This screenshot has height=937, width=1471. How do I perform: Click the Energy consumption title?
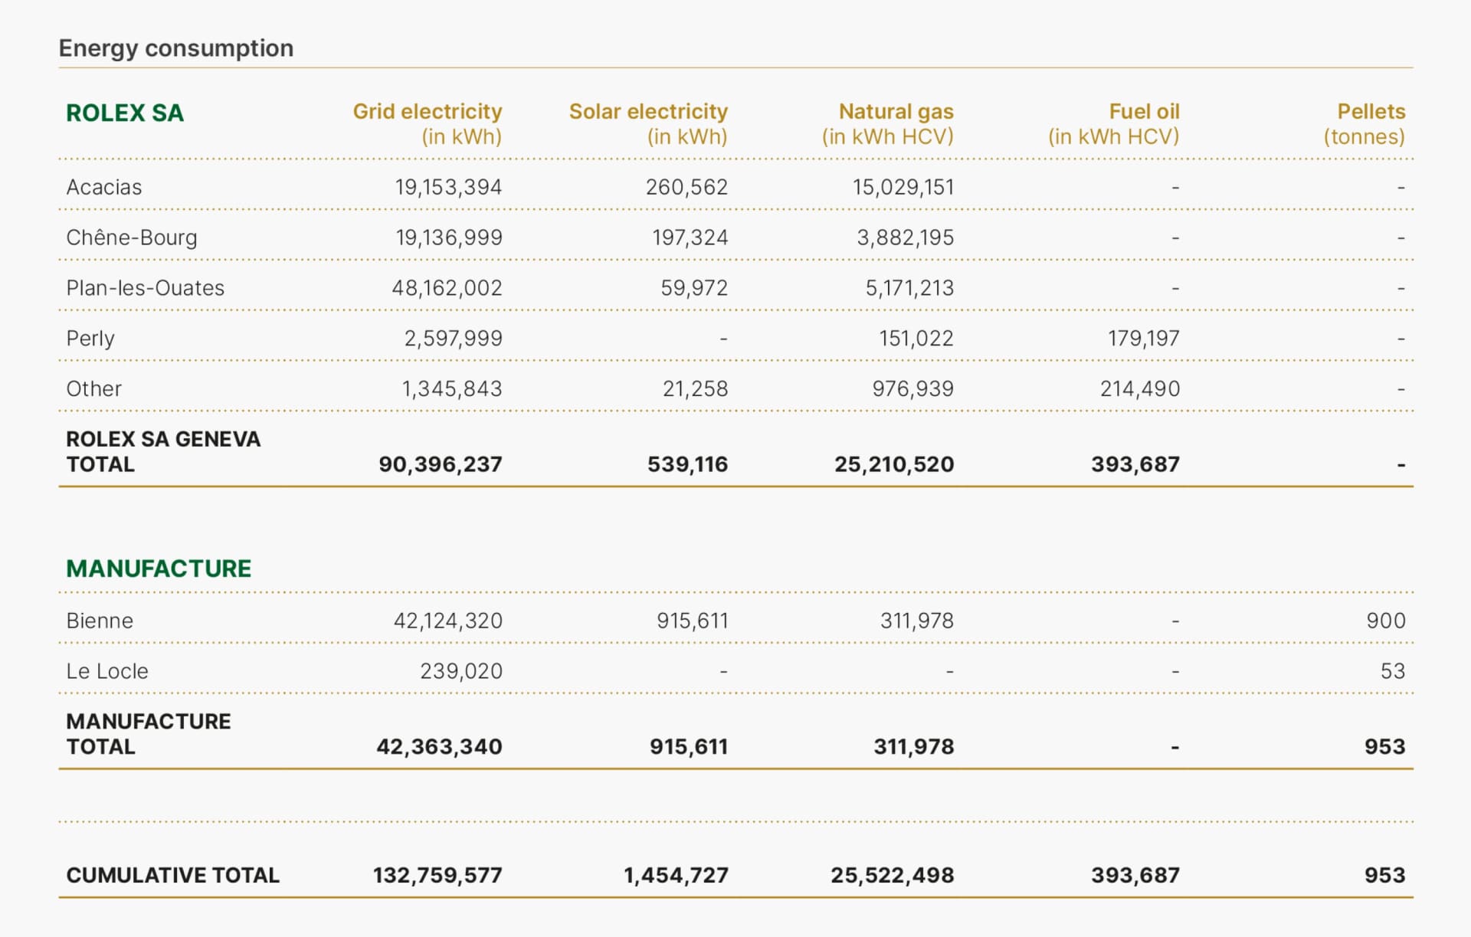[x=175, y=48]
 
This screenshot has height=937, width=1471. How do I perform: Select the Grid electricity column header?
[x=427, y=112]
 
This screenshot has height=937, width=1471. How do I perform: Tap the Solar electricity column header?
[x=648, y=112]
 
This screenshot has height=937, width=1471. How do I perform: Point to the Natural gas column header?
[x=896, y=112]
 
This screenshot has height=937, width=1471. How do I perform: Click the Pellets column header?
[x=1371, y=112]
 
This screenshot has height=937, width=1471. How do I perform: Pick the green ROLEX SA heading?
[x=125, y=113]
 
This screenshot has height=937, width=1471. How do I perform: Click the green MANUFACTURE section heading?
[x=159, y=568]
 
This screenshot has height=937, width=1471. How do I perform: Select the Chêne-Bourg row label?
[x=132, y=238]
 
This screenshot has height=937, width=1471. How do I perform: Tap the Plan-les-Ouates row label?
[x=146, y=288]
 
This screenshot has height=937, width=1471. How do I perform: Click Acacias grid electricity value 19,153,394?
[x=448, y=187]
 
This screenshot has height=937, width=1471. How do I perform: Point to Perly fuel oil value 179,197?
[x=1143, y=339]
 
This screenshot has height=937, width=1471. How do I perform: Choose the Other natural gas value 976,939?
[x=912, y=389]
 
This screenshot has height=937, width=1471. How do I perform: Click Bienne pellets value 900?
[x=1385, y=621]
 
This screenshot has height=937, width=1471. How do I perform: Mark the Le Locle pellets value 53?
[x=1392, y=671]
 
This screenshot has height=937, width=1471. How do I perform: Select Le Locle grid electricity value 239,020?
[x=460, y=671]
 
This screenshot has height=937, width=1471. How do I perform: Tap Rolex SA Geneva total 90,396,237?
[x=440, y=464]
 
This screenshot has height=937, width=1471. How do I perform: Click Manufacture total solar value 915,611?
[x=688, y=747]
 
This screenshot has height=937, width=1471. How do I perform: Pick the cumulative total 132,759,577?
[x=437, y=876]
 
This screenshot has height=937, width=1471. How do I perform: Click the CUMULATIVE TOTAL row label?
[x=172, y=876]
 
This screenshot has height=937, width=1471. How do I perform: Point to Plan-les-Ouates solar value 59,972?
[x=693, y=288]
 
